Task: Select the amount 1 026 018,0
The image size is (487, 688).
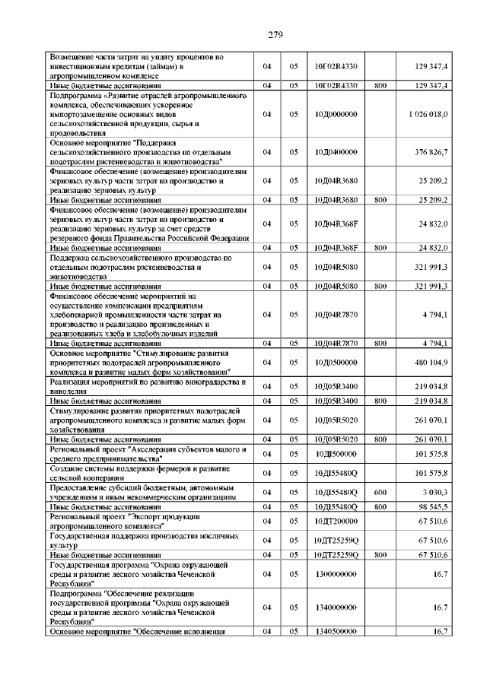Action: [x=427, y=114]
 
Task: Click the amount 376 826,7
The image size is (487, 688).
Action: [x=431, y=152]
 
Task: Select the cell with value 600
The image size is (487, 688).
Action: [x=380, y=493]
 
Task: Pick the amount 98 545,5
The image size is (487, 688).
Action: [x=433, y=506]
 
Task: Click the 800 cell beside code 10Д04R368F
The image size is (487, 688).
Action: [x=380, y=248]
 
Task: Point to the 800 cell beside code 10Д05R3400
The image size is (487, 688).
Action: [x=380, y=401]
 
